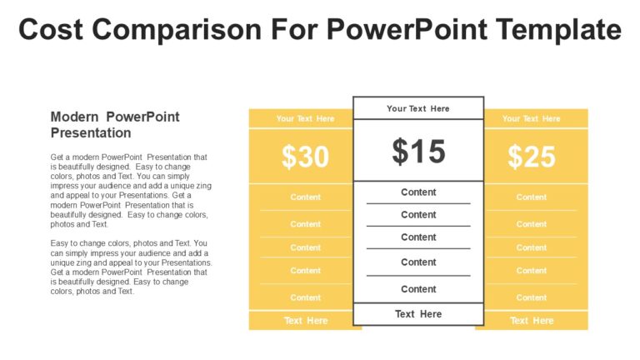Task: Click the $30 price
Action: tap(305, 157)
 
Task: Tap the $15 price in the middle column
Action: tap(418, 152)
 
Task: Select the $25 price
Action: tap(532, 157)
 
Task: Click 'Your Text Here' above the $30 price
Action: tap(305, 118)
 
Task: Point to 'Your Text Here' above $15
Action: tap(418, 108)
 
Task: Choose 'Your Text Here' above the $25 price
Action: tap(532, 118)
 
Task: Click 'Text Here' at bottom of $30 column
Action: tap(305, 321)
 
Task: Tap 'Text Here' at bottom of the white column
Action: tap(418, 314)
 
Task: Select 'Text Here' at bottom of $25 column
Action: tap(532, 321)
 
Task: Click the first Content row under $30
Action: tap(305, 197)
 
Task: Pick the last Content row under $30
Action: tap(305, 297)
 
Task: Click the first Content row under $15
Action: tap(418, 192)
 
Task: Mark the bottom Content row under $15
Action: tap(418, 289)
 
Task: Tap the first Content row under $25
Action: tap(532, 197)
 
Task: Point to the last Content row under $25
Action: tap(532, 297)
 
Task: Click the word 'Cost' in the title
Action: tap(51, 30)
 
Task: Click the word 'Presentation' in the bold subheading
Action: tap(91, 132)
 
